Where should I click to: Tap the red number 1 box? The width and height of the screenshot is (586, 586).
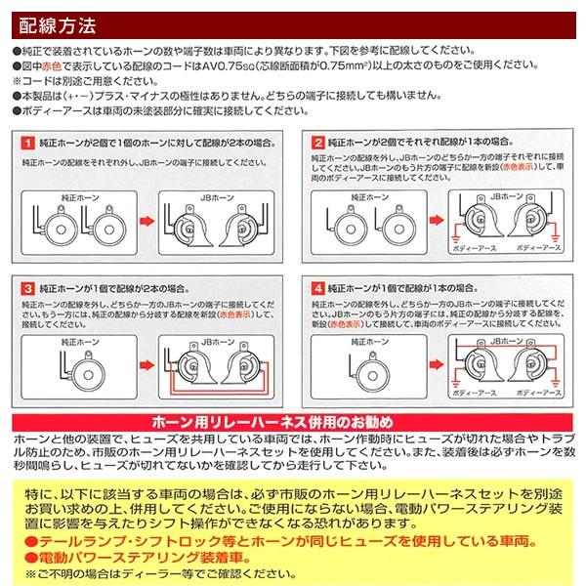[x=29, y=143]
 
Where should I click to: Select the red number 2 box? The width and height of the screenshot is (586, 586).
[x=318, y=143]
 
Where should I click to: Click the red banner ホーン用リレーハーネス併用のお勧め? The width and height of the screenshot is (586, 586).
[x=293, y=421]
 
